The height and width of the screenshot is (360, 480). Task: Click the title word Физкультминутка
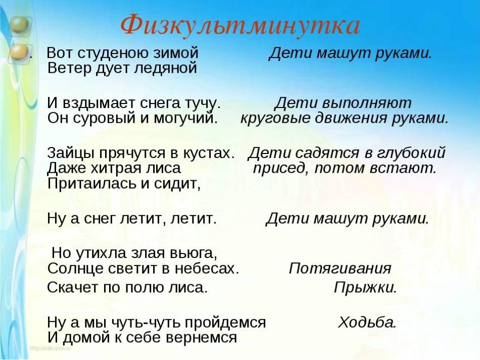click(239, 26)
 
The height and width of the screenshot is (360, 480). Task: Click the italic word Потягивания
click(340, 269)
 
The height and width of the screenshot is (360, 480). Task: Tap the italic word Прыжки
click(365, 288)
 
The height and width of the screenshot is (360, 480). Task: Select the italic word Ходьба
click(367, 323)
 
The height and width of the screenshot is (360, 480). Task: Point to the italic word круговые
click(275, 118)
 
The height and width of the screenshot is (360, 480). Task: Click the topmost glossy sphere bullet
click(20, 25)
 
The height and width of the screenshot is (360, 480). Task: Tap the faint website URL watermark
click(50, 348)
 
